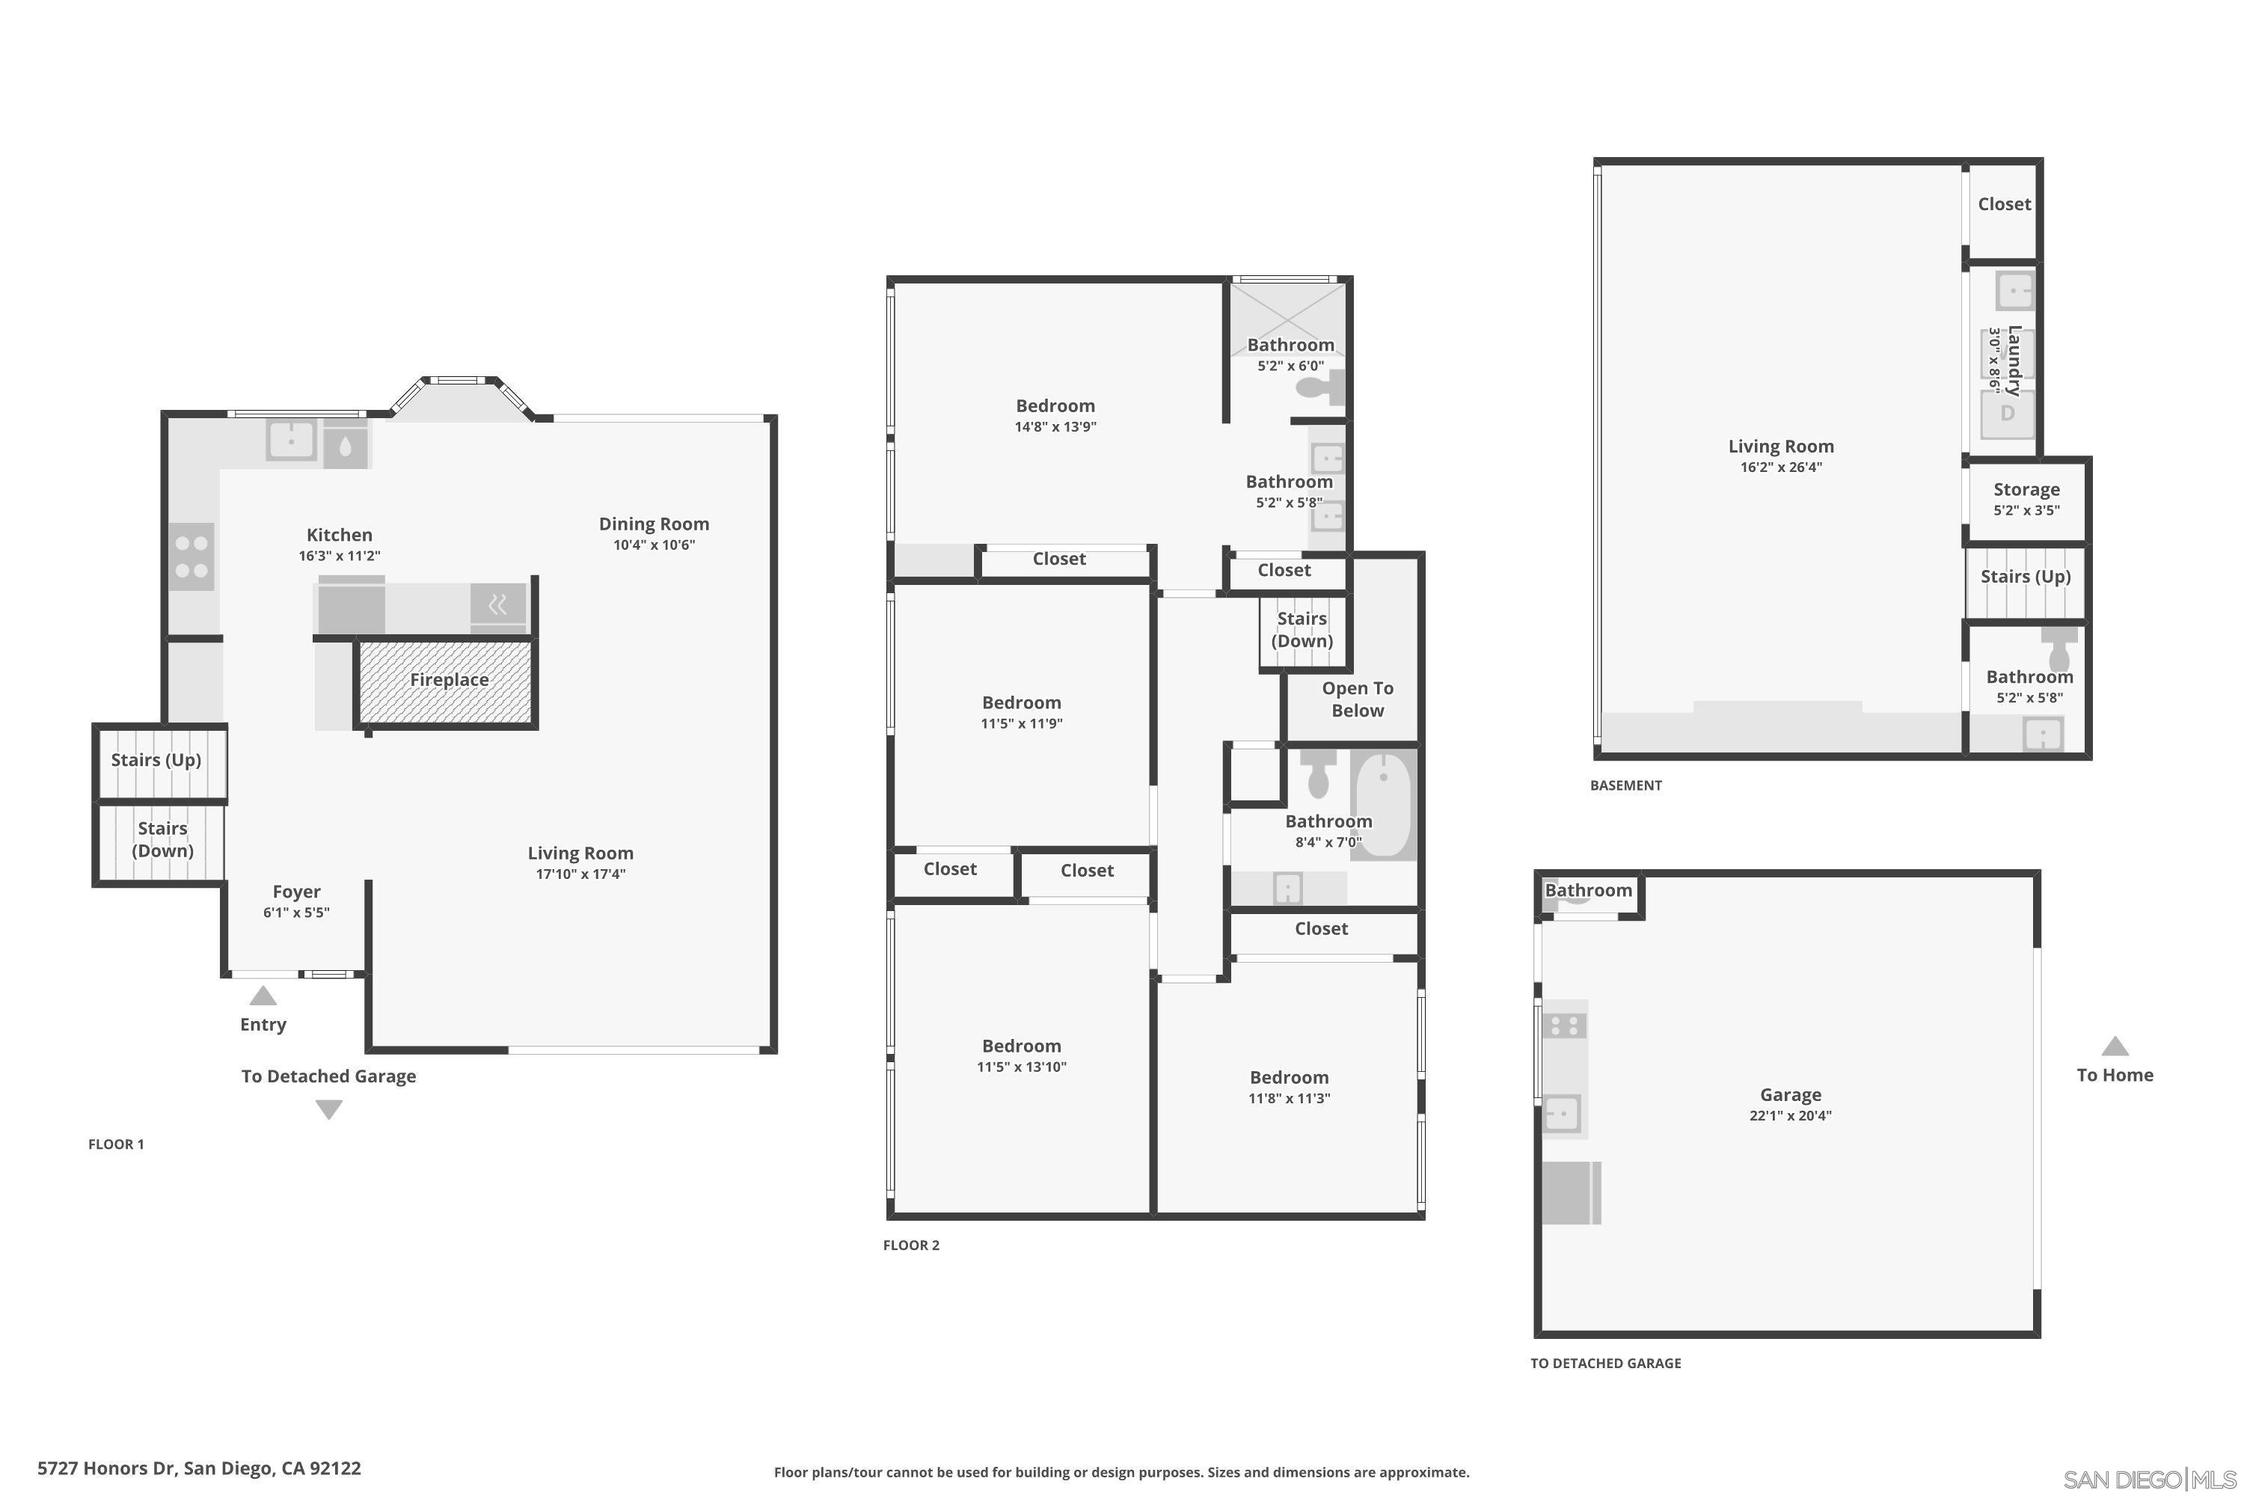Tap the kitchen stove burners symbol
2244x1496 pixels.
click(191, 557)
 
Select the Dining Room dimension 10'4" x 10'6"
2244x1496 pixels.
click(654, 545)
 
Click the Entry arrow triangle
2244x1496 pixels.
click(263, 997)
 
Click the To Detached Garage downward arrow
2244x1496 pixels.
click(329, 1109)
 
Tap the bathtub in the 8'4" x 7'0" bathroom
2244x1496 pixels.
click(1382, 806)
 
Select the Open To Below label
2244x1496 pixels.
click(1357, 699)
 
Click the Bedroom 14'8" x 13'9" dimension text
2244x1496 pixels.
click(1055, 426)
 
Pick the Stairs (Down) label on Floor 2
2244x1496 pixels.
click(1302, 630)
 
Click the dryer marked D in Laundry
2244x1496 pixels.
click(2008, 413)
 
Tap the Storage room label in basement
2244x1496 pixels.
click(2026, 489)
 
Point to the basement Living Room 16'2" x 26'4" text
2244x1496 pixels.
click(1780, 467)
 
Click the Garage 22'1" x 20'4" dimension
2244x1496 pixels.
click(1790, 1115)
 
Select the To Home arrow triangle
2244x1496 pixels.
click(2115, 1046)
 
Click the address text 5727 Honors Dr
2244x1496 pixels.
click(198, 1468)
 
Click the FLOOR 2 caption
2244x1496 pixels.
click(910, 1245)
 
